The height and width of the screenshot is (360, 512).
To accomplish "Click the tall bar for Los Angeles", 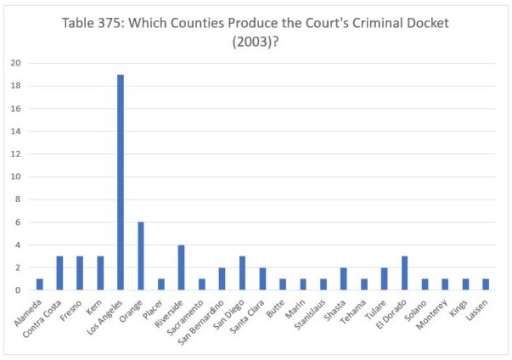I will (x=121, y=183).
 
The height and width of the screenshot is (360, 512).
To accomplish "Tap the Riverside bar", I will (x=182, y=267).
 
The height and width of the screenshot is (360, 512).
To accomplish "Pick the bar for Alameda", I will (x=39, y=284).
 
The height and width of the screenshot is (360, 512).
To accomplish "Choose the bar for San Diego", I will (x=243, y=273).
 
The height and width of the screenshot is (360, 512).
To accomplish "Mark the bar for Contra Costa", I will (x=59, y=273).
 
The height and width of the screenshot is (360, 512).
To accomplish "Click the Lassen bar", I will (x=487, y=284).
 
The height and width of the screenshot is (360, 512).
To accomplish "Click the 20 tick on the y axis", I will (x=16, y=63).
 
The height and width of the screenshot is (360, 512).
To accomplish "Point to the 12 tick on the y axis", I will (x=16, y=154).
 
